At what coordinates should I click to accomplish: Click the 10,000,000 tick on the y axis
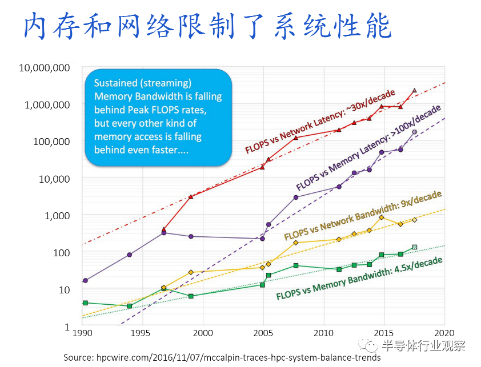point(44,68)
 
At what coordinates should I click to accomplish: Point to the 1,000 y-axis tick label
point(57,216)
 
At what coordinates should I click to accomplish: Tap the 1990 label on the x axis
point(83,333)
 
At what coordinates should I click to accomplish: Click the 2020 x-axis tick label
point(444,333)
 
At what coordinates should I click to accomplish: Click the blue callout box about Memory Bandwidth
point(158,118)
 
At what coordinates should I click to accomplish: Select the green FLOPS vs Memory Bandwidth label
point(359,279)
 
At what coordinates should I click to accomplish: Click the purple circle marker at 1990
point(85,280)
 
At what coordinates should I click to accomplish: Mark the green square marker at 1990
point(85,303)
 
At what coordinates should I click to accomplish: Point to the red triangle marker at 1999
point(191,197)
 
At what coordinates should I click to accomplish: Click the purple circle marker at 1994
point(129,255)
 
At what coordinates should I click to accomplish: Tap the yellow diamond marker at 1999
point(191,272)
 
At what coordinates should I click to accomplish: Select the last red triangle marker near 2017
point(414,90)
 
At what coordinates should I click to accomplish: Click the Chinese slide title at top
point(207,26)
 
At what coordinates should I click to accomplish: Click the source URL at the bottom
point(222,358)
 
